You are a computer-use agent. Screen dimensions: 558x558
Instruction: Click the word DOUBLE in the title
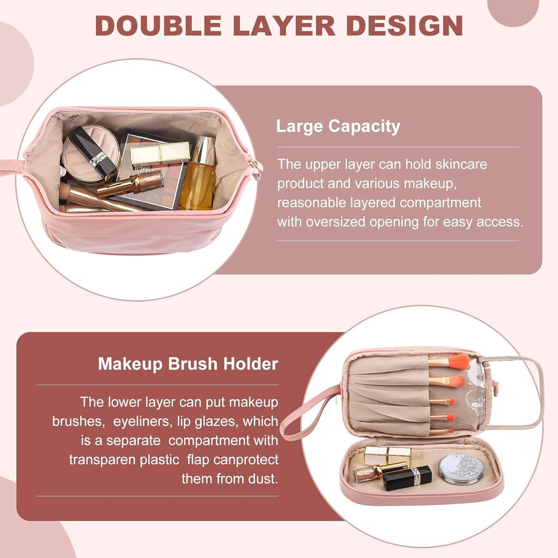click(x=159, y=26)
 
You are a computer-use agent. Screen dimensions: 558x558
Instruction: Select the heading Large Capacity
click(x=338, y=126)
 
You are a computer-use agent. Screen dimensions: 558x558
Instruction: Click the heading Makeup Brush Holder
click(x=188, y=364)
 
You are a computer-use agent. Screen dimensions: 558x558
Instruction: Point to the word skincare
click(x=461, y=165)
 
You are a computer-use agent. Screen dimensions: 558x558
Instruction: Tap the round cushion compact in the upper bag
click(x=90, y=154)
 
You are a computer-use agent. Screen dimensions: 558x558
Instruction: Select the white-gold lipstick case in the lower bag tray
click(x=387, y=456)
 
